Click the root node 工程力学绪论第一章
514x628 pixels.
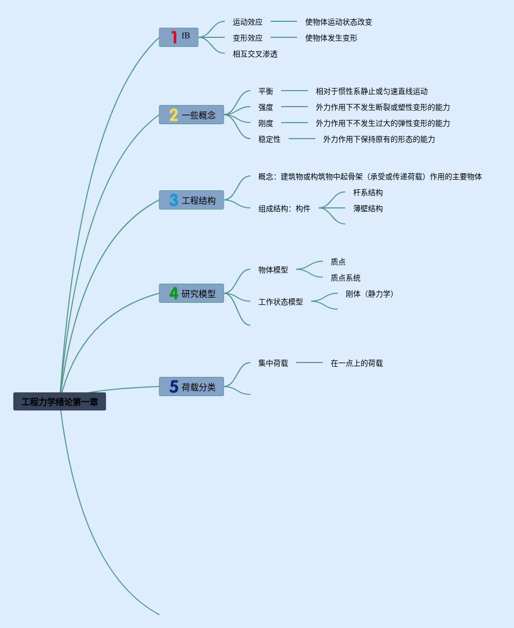tap(60, 401)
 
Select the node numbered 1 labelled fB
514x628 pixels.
tap(178, 37)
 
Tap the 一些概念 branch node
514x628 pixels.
tap(191, 115)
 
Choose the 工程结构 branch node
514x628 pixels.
tap(191, 200)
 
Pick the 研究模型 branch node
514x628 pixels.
tap(191, 293)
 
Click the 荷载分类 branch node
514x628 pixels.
tap(191, 387)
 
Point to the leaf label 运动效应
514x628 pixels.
tap(248, 22)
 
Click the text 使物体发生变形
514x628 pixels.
tap(331, 38)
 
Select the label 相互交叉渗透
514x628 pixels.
tap(255, 54)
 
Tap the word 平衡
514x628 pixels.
tap(265, 91)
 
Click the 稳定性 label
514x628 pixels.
tap(269, 139)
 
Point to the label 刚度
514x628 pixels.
tap(265, 123)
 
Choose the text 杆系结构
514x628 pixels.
tap(368, 192)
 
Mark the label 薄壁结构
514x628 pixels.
tap(368, 208)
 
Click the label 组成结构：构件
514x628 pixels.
tap(284, 208)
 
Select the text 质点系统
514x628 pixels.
tap(345, 278)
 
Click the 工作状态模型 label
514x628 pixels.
tap(280, 302)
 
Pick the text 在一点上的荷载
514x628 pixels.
tap(356, 363)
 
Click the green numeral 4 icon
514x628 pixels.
tap(174, 293)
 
